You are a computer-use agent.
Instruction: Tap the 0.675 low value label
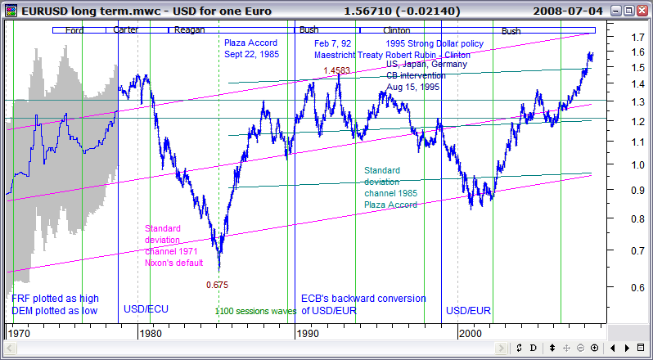click(x=216, y=285)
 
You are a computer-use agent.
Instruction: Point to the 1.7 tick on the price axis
click(x=626, y=38)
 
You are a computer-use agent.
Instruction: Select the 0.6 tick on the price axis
click(x=626, y=287)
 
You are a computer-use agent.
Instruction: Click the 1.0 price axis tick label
click(x=626, y=165)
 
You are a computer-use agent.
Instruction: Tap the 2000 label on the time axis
click(x=471, y=333)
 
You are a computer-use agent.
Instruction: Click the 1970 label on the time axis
click(x=18, y=333)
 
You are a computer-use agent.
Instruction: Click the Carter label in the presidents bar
click(x=125, y=30)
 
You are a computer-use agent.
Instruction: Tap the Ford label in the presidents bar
click(x=74, y=30)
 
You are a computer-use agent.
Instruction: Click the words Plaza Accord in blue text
click(x=250, y=43)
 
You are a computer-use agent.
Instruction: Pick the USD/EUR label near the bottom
click(x=467, y=310)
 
